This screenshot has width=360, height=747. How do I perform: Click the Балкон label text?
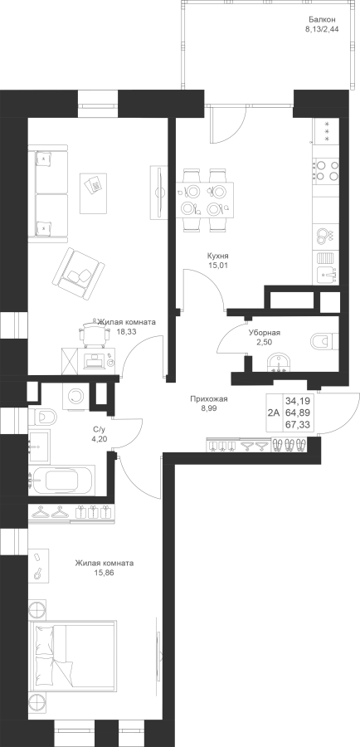[322, 20]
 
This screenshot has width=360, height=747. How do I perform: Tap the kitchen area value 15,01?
[219, 266]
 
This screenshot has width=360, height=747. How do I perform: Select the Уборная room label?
[265, 334]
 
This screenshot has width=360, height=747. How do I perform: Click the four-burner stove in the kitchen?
[326, 170]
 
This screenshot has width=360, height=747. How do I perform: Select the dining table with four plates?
[205, 199]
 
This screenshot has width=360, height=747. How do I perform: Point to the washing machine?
[75, 395]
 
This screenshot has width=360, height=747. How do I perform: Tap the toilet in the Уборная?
[324, 341]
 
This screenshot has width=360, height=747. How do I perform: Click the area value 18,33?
[126, 332]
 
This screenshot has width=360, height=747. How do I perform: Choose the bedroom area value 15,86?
[105, 573]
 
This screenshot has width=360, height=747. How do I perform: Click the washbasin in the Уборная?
[279, 364]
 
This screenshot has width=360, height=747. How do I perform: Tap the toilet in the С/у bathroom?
[42, 417]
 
